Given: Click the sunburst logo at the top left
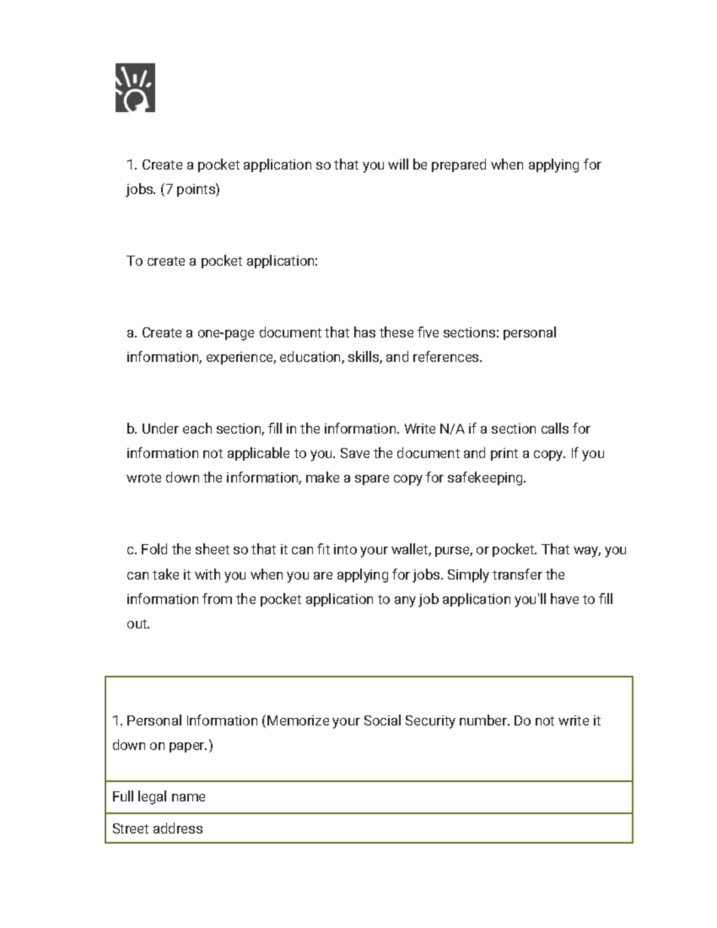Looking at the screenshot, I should (135, 88).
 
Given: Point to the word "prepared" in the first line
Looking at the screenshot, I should (458, 165).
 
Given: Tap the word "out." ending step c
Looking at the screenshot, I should (138, 624).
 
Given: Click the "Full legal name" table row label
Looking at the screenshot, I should (159, 797).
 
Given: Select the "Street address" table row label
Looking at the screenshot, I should (158, 829).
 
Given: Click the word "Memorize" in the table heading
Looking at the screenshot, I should (298, 721).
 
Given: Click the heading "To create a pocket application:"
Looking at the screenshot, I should (222, 261).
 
